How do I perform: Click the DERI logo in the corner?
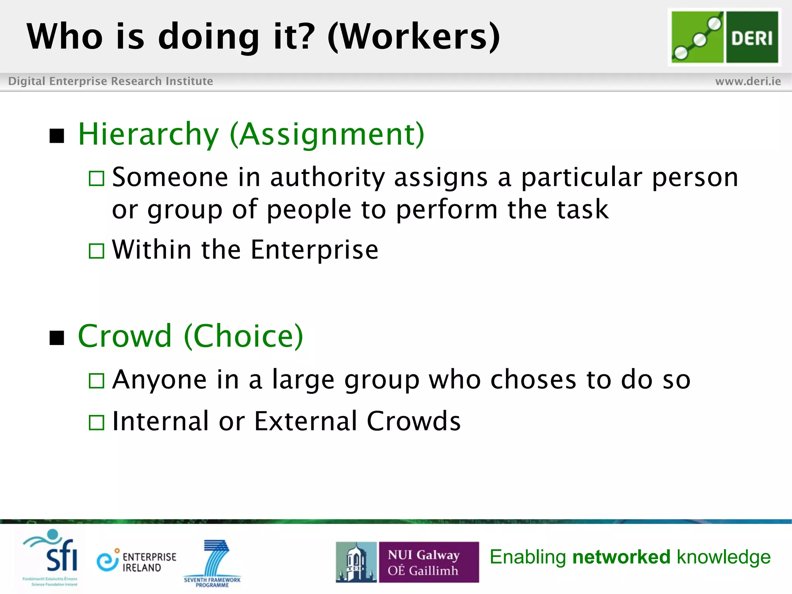click(x=724, y=37)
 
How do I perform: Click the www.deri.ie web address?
click(x=748, y=81)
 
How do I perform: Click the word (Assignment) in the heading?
click(x=327, y=134)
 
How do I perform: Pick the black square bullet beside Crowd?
click(x=57, y=338)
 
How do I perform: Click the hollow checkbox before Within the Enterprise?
click(x=96, y=251)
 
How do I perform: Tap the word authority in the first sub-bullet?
click(x=327, y=178)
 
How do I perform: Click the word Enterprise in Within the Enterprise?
click(x=314, y=250)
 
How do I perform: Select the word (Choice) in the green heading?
click(x=244, y=336)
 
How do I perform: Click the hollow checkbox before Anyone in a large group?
click(x=96, y=381)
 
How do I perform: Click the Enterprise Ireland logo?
click(x=136, y=562)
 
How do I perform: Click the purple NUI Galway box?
click(x=428, y=562)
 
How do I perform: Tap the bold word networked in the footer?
click(x=621, y=557)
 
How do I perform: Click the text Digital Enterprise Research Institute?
click(x=111, y=81)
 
